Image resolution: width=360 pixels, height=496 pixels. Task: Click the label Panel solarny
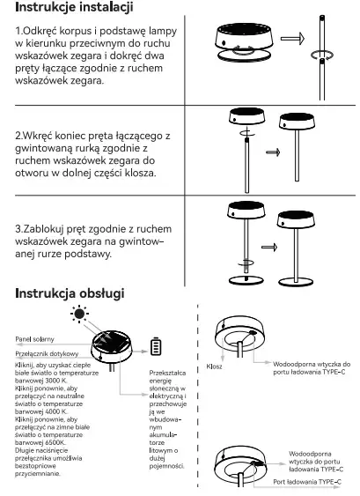coord(34,337)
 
